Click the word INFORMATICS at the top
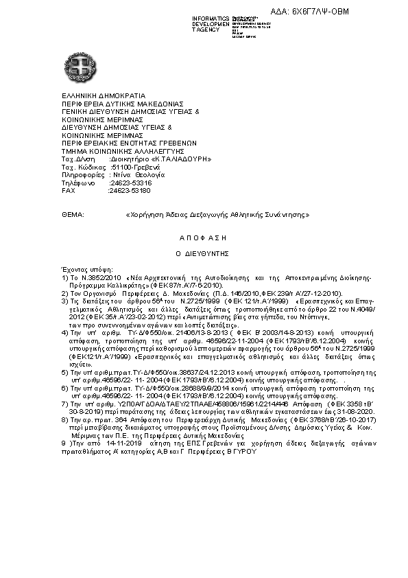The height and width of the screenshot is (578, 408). (x=211, y=16)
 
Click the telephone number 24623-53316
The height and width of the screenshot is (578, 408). (x=131, y=183)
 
